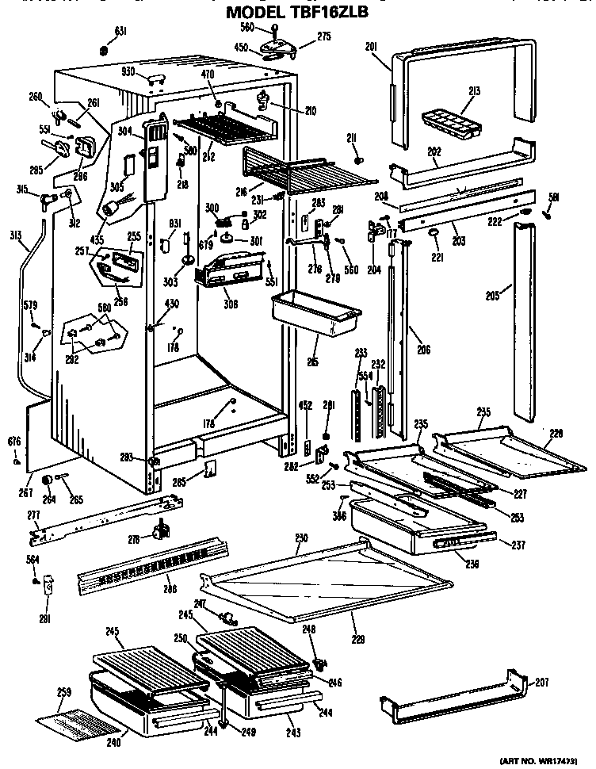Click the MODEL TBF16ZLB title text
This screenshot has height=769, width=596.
pyautogui.click(x=297, y=13)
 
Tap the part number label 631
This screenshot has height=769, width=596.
pyautogui.click(x=120, y=31)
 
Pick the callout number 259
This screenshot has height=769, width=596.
pyautogui.click(x=64, y=691)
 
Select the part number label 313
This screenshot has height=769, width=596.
pyautogui.click(x=14, y=235)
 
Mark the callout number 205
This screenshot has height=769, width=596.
pyautogui.click(x=492, y=297)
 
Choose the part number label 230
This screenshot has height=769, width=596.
pyautogui.click(x=301, y=538)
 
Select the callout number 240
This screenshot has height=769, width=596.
pyautogui.click(x=113, y=743)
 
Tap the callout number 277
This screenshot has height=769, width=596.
pyautogui.click(x=32, y=515)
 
